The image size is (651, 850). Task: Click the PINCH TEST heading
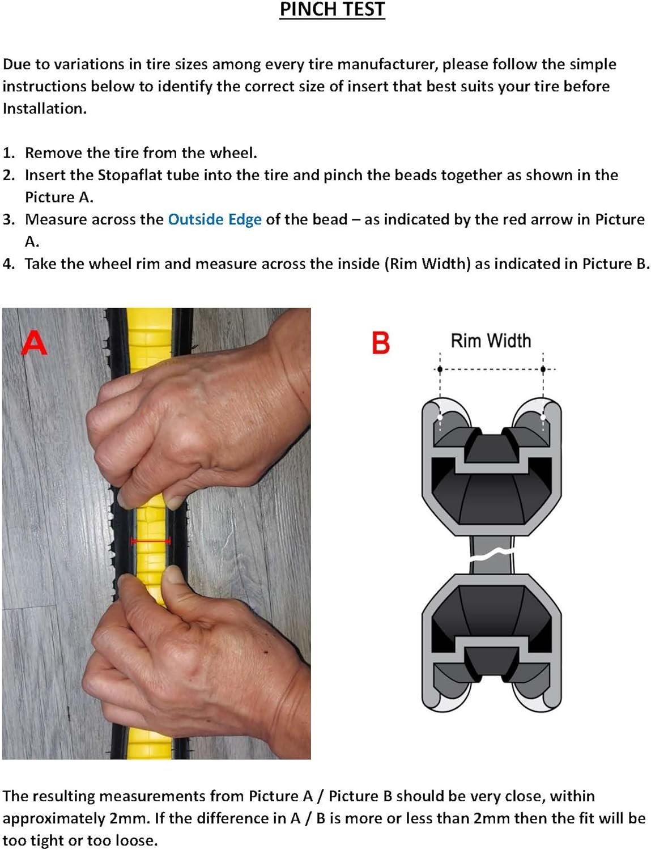click(332, 10)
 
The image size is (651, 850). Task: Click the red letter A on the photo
click(34, 342)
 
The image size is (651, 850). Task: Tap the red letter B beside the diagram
click(381, 343)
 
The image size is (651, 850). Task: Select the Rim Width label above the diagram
click(491, 341)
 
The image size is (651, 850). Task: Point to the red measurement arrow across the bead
click(151, 541)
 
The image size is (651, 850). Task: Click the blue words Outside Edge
click(215, 219)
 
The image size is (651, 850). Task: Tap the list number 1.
click(8, 153)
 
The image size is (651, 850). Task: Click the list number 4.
click(8, 264)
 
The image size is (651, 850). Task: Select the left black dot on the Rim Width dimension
click(440, 369)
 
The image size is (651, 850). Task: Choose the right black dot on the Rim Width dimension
click(543, 369)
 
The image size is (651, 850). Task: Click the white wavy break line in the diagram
click(491, 554)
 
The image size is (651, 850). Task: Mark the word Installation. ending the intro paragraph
click(45, 109)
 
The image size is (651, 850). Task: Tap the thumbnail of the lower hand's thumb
click(174, 575)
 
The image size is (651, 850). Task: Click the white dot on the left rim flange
click(440, 418)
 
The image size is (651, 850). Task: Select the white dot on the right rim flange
click(543, 418)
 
